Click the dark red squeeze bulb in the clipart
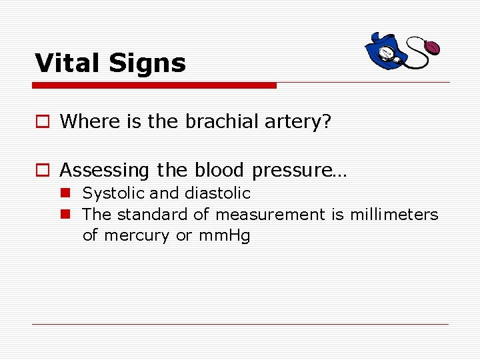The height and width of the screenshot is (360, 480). click(x=432, y=48)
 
